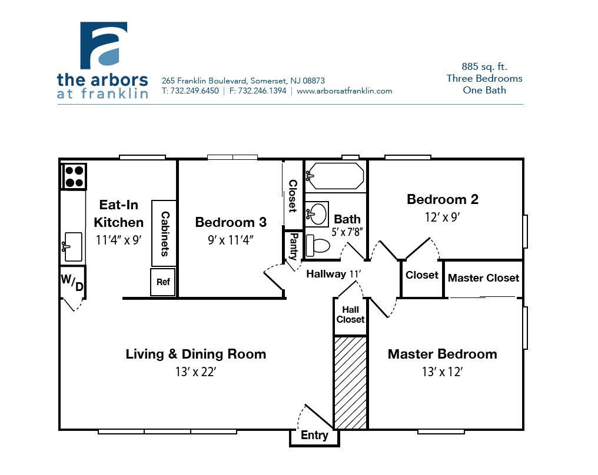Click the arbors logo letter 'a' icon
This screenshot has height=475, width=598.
pos(104,45)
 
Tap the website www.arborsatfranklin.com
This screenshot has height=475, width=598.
pos(344,91)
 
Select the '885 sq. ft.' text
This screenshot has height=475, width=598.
pos(484,67)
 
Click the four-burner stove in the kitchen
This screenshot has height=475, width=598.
pos(74,176)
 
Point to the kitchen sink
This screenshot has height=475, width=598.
pos(73,246)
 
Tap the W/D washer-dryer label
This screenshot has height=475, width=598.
pos(72,282)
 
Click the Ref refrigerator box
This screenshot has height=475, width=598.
pos(163,282)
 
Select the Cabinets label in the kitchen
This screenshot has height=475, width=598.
pos(165,234)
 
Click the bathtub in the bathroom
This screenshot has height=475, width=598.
pos(336,176)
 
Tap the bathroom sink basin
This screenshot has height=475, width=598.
pos(318,214)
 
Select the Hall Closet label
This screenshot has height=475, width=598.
pos(350,315)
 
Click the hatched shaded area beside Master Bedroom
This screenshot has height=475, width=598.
pos(350,382)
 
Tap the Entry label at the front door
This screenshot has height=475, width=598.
pos(314,436)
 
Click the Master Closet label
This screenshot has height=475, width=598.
pos(483,278)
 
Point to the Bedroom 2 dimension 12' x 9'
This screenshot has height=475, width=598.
pos(442,217)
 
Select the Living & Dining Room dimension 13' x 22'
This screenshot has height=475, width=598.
pos(195,372)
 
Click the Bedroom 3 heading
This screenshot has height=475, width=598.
pos(231,222)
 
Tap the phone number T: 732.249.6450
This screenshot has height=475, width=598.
pos(190,91)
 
